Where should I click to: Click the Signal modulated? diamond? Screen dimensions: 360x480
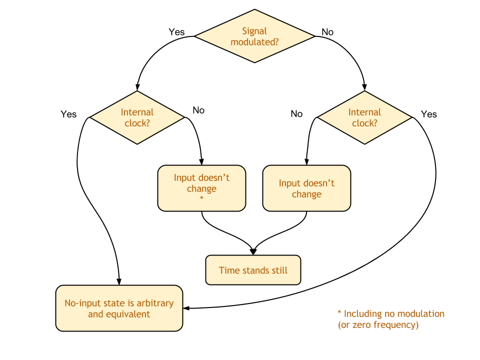click(x=254, y=36)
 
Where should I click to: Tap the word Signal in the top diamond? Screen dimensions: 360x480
click(x=254, y=31)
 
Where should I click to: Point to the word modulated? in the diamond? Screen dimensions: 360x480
click(x=254, y=42)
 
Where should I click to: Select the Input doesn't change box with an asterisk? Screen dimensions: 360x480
click(x=201, y=188)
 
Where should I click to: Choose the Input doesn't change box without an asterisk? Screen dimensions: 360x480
click(x=306, y=188)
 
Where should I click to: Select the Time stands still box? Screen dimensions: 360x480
click(x=253, y=270)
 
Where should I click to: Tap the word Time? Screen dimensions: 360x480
click(x=229, y=270)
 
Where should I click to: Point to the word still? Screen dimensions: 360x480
click(x=279, y=270)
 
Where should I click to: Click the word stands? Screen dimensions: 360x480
click(x=255, y=270)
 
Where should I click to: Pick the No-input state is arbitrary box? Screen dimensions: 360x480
click(x=119, y=308)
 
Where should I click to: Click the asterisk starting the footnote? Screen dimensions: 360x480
click(x=339, y=313)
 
